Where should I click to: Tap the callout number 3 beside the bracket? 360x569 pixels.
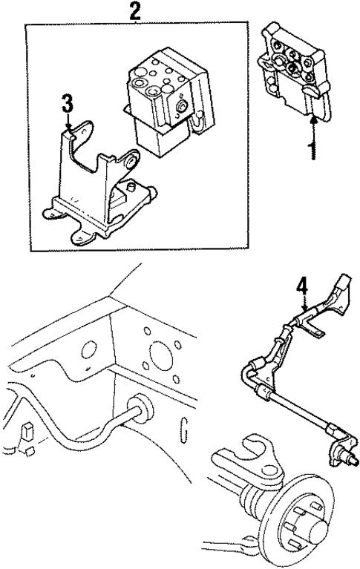[68, 104]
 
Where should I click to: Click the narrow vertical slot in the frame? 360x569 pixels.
[183, 430]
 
